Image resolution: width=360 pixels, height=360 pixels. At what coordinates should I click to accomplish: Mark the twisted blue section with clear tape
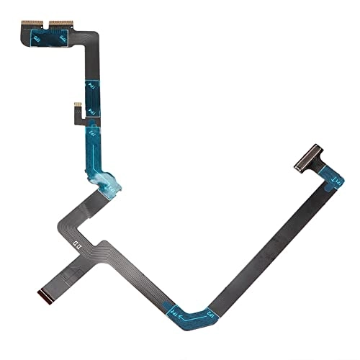[108, 176]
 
